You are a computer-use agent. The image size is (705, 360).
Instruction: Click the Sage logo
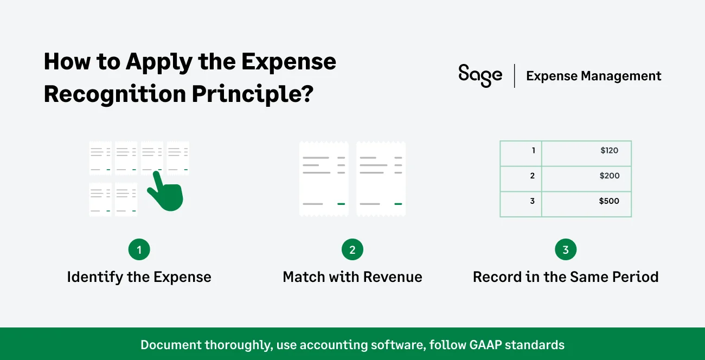[x=480, y=75]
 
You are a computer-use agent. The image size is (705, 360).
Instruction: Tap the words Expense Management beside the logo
[x=594, y=76]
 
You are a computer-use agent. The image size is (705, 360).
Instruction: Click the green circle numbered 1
[x=139, y=250]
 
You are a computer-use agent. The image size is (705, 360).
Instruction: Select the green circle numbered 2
[x=352, y=250]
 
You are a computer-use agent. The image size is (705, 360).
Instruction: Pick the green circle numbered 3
[x=566, y=250]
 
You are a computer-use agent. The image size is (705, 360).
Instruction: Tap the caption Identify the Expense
[x=139, y=277]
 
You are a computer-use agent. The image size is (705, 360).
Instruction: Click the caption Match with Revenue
[x=352, y=277]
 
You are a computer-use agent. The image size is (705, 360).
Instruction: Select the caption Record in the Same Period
[x=566, y=277]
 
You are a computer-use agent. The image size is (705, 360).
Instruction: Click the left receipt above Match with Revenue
[x=324, y=178]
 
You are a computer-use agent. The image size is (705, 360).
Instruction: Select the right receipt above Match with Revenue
[x=381, y=178]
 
